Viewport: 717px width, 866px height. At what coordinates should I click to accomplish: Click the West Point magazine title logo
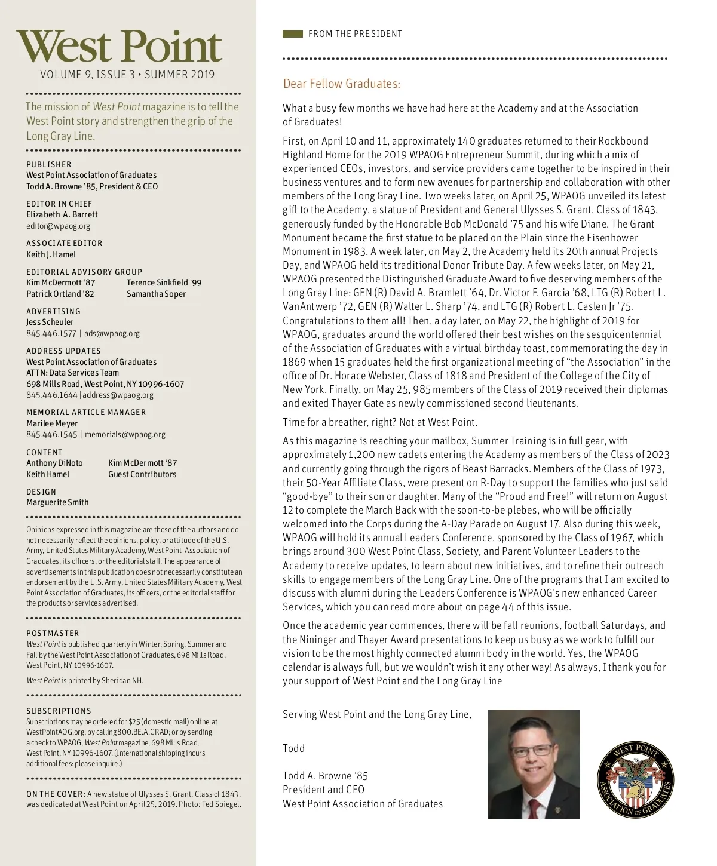pyautogui.click(x=119, y=47)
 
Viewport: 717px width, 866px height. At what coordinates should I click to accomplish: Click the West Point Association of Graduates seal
pyautogui.click(x=635, y=780)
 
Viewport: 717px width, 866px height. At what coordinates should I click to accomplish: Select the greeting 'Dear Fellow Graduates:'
pyautogui.click(x=341, y=84)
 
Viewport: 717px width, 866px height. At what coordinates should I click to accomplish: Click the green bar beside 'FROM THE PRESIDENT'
pyautogui.click(x=293, y=34)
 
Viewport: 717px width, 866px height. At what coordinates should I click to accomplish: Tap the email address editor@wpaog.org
pyautogui.click(x=58, y=226)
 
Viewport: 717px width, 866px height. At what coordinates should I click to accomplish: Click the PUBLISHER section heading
pyautogui.click(x=48, y=164)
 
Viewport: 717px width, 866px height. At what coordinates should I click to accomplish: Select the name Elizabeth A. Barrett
pyautogui.click(x=62, y=214)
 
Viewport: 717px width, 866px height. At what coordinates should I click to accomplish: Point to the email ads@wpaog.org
pyautogui.click(x=112, y=333)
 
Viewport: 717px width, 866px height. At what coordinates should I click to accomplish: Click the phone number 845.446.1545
pyautogui.click(x=52, y=434)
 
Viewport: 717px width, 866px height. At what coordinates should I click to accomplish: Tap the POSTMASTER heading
pyautogui.click(x=53, y=633)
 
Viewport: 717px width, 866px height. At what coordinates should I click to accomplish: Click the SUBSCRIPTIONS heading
pyautogui.click(x=59, y=711)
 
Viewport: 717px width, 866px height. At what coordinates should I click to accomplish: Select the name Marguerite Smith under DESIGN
pyautogui.click(x=57, y=502)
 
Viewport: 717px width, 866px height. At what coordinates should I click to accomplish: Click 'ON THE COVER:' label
pyautogui.click(x=56, y=794)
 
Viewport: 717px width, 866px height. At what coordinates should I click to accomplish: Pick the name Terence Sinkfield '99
pyautogui.click(x=164, y=282)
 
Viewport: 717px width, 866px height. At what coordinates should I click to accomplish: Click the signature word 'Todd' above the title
pyautogui.click(x=293, y=748)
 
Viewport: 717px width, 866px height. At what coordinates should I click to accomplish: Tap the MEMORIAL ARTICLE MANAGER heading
pyautogui.click(x=86, y=412)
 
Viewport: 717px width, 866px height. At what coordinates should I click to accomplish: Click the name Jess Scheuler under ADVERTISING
pyautogui.click(x=50, y=322)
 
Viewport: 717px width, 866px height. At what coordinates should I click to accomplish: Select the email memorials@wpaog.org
pyautogui.click(x=125, y=434)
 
